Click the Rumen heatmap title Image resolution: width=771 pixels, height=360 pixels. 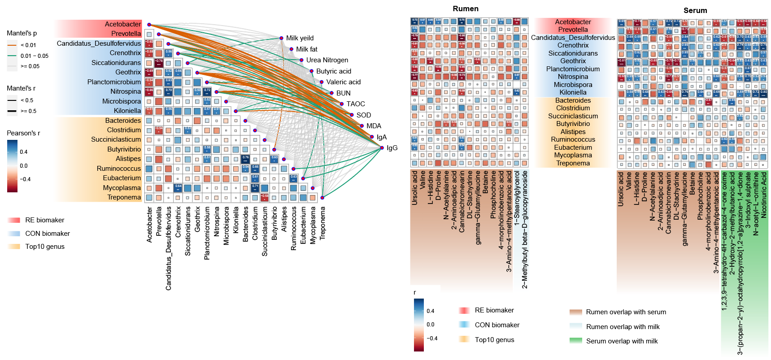click(x=465, y=9)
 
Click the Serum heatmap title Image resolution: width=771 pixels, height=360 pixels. click(x=695, y=10)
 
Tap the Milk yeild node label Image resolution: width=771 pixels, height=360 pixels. click(x=300, y=38)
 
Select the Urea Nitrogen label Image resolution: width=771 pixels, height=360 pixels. click(x=327, y=60)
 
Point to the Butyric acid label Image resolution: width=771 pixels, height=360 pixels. click(x=333, y=71)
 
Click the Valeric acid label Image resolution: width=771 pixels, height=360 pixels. click(x=343, y=82)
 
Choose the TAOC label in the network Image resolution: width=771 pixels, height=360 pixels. click(x=355, y=104)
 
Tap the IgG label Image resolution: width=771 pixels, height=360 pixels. click(x=392, y=148)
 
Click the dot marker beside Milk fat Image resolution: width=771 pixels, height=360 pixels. click(x=292, y=49)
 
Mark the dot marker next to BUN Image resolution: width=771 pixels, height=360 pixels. click(x=331, y=93)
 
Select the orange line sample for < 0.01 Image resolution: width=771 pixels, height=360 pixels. click(x=12, y=45)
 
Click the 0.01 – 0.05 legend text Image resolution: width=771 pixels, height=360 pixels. click(x=35, y=56)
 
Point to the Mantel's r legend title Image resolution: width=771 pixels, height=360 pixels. click(x=21, y=88)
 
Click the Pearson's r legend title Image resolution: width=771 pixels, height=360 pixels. click(x=23, y=133)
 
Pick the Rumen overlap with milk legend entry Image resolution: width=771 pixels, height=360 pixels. click(x=623, y=327)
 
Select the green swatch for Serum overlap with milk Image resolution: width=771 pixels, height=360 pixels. click(x=575, y=341)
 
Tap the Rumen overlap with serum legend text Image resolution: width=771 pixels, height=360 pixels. click(x=626, y=312)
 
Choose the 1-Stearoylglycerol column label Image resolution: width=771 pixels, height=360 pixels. click(x=517, y=198)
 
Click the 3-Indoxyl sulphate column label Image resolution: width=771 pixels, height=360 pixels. click(x=748, y=200)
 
